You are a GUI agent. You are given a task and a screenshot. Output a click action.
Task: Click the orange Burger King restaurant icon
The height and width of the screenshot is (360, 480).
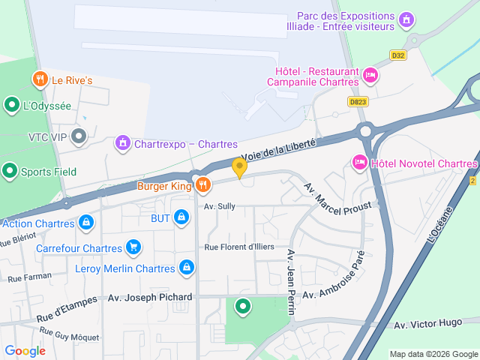coord(202,185)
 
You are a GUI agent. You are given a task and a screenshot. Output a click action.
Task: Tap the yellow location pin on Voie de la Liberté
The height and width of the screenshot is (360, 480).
coord(240,167)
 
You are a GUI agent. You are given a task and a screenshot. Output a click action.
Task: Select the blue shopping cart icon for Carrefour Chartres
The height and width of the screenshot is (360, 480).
coord(133,246)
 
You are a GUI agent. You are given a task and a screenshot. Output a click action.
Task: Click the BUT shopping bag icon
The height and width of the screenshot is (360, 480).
coord(181,217)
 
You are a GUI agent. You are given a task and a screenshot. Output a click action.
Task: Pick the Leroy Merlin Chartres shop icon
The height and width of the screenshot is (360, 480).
coord(187,268)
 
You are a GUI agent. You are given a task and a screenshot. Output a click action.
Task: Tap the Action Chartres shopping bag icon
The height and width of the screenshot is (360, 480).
coord(87,223)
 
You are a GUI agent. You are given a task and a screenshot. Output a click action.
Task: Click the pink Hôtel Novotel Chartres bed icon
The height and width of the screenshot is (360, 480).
coord(359,163)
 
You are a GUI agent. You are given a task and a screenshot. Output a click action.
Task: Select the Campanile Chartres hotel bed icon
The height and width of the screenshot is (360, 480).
coord(370,75)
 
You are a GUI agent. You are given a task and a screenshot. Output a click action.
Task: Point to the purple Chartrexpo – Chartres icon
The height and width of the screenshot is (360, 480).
coord(121,142)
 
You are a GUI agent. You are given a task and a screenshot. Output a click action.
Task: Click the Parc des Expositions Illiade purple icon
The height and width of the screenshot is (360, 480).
coord(406,19)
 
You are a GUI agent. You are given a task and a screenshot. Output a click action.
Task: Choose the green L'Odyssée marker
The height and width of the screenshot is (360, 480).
coord(12,105)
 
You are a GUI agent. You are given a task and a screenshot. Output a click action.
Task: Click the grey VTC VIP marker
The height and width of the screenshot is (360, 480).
coord(79,136)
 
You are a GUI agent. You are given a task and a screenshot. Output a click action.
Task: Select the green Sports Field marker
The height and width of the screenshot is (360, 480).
coord(10,171)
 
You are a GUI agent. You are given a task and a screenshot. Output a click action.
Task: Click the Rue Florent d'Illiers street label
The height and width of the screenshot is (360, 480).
coord(239,246)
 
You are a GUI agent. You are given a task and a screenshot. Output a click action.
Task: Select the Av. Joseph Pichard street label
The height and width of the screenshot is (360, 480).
coord(150,297)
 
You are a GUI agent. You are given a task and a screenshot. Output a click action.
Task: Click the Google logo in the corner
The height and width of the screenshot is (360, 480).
coord(25,350)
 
